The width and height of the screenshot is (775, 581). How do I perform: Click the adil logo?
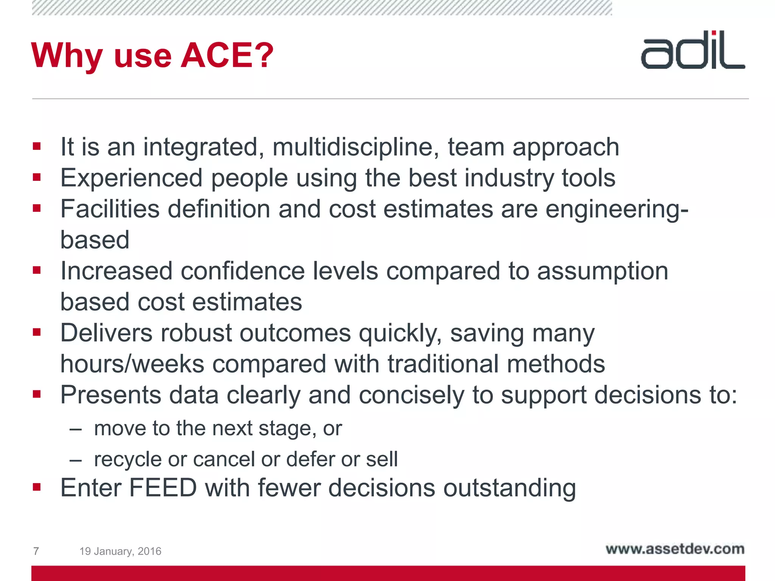click(693, 50)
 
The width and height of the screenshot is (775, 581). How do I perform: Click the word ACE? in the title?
click(227, 56)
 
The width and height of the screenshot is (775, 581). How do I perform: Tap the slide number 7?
click(36, 551)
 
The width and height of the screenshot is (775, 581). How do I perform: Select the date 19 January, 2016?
click(120, 551)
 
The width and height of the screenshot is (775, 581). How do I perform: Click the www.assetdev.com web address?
click(675, 549)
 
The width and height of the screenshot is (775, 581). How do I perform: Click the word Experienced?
click(132, 178)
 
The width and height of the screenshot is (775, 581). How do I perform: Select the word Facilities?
click(110, 209)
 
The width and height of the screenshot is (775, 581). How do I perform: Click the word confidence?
click(243, 271)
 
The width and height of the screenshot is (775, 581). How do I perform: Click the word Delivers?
click(106, 333)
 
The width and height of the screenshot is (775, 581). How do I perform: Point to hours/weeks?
click(132, 364)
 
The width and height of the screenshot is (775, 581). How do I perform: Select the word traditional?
click(443, 364)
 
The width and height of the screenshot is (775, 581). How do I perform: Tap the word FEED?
click(163, 488)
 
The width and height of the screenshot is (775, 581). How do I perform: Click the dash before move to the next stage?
click(76, 429)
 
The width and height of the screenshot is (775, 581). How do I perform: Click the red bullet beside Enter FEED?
click(37, 487)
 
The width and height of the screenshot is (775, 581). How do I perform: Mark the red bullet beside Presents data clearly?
click(37, 395)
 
